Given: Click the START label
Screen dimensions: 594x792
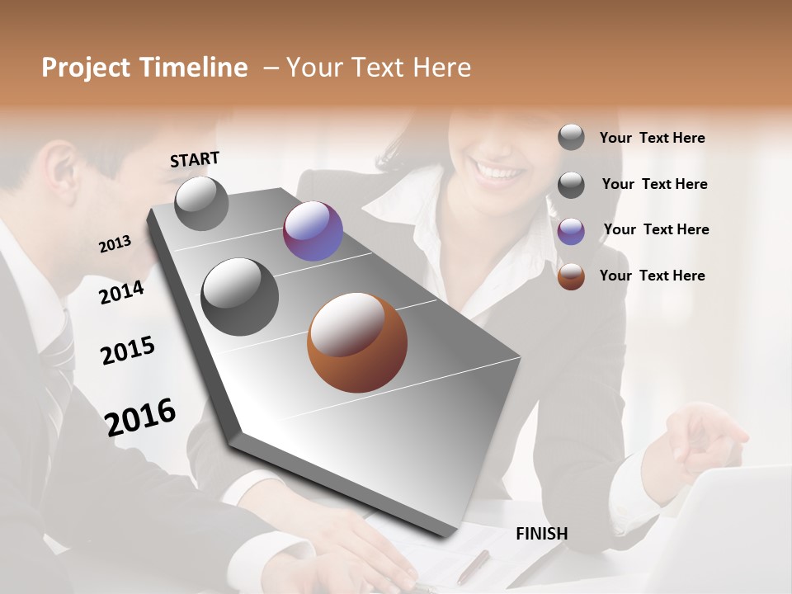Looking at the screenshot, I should pyautogui.click(x=195, y=159).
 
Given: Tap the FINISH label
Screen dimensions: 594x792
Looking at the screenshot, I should pyautogui.click(x=541, y=534).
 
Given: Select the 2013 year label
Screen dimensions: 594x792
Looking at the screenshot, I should pyautogui.click(x=115, y=243).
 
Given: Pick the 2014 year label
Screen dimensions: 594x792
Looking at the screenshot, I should pyautogui.click(x=121, y=292).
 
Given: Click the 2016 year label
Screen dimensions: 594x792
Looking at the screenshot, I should pyautogui.click(x=140, y=417).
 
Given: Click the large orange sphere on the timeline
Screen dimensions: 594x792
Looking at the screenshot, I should pyautogui.click(x=357, y=342).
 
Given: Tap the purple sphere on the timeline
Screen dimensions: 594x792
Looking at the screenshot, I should pyautogui.click(x=313, y=231).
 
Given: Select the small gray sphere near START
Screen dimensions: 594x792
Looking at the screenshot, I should pyautogui.click(x=201, y=203).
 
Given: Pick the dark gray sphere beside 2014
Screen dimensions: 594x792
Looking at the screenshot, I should pyautogui.click(x=239, y=296).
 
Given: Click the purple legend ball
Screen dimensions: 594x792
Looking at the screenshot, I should pyautogui.click(x=571, y=231).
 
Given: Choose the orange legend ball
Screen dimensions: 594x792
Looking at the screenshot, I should pyautogui.click(x=571, y=276).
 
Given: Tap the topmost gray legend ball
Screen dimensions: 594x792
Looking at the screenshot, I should pyautogui.click(x=571, y=138).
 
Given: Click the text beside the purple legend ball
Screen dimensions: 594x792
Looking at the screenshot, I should pyautogui.click(x=656, y=229).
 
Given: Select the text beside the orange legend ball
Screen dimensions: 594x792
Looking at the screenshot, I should pyautogui.click(x=652, y=276).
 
